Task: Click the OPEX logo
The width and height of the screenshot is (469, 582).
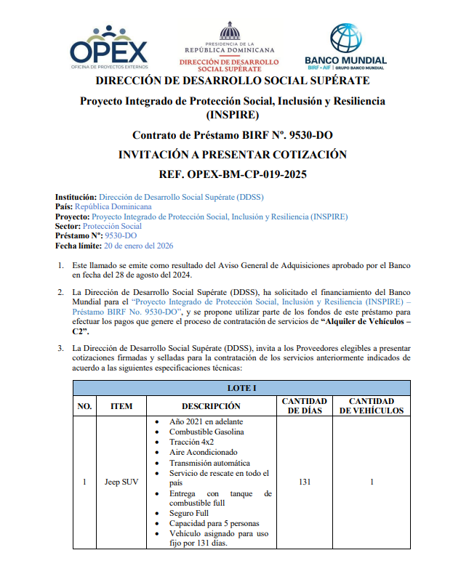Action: [108, 47]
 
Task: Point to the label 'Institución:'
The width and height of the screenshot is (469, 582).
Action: [76, 197]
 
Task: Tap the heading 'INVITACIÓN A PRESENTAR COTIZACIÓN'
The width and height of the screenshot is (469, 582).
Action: [232, 155]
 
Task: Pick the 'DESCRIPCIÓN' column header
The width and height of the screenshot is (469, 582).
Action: [211, 406]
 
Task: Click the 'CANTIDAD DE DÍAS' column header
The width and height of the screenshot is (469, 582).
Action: [304, 406]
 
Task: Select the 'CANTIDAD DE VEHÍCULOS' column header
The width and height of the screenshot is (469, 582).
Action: [372, 406]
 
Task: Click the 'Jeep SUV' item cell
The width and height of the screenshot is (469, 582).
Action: [121, 482]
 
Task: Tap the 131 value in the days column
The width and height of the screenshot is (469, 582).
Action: [304, 482]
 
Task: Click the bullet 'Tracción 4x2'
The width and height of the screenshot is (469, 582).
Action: [191, 442]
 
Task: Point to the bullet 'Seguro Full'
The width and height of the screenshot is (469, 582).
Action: [189, 513]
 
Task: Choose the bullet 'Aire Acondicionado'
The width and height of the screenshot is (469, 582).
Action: [203, 452]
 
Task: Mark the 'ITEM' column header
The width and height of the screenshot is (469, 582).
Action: [121, 406]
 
